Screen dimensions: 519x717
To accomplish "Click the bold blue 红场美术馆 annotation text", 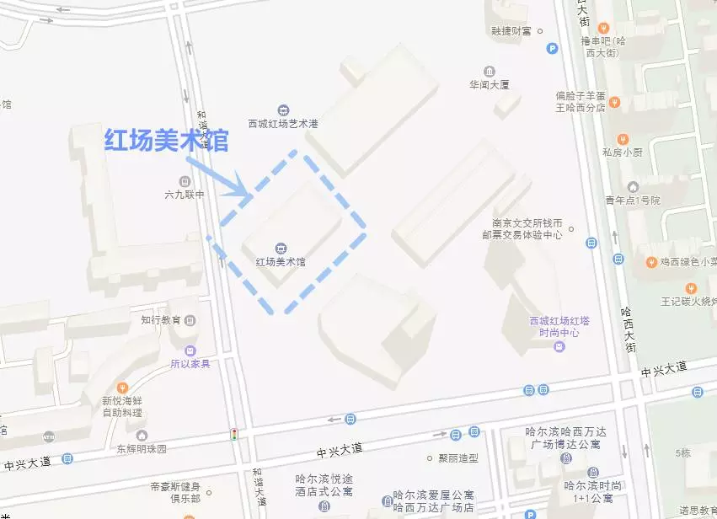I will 166,140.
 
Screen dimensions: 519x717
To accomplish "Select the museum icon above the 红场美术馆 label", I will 281,247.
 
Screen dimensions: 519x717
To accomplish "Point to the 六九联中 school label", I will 185,195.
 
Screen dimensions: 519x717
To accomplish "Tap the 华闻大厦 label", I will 490,84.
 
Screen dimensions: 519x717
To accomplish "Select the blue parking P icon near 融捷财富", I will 553,49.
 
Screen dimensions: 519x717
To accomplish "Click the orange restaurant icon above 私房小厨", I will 623,139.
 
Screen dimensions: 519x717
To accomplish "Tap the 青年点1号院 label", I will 633,201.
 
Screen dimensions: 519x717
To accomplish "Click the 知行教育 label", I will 161,320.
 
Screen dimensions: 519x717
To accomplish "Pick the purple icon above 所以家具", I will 190,350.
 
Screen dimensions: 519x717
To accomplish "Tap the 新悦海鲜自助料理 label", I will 123,406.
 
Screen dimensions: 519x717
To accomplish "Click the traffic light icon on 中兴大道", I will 234,435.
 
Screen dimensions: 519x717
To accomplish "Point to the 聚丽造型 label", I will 457,458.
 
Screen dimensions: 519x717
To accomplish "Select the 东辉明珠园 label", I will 142,448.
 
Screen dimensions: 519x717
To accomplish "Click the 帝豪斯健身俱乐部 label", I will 175,492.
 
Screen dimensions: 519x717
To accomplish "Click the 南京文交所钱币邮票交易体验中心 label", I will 527,229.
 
